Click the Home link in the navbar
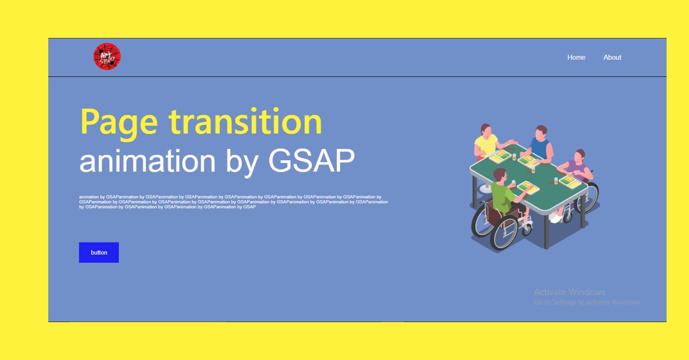[576, 57]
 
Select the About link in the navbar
[612, 57]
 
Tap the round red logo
[107, 57]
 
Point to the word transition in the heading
[245, 122]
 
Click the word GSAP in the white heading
[311, 161]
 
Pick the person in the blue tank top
[540, 144]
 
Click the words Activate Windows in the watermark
[569, 292]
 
